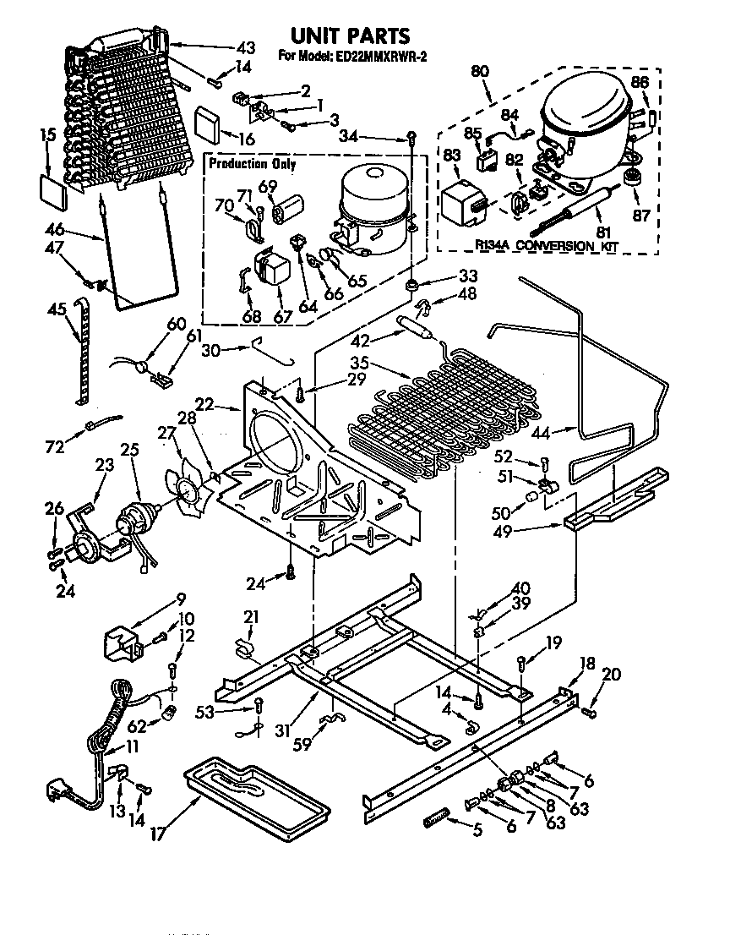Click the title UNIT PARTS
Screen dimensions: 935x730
pos(350,35)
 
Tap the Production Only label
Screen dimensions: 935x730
pos(252,163)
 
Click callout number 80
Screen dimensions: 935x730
pos(480,72)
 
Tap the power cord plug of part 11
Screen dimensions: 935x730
pos(60,796)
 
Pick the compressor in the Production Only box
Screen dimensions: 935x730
pos(372,211)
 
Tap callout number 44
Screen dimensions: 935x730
pos(543,432)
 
